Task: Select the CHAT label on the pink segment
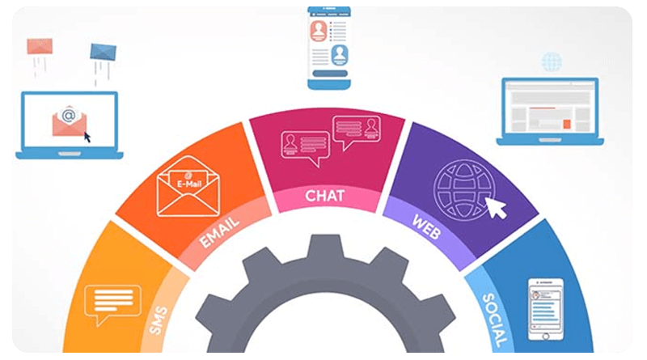coord(325,196)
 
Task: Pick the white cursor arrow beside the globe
coord(496,207)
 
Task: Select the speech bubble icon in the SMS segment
coord(107,303)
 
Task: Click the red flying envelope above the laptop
coord(40,45)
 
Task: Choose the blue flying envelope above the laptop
coord(104,52)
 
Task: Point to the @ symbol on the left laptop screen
coord(69,116)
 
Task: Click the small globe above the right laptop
coord(552,61)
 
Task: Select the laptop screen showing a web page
coord(549,110)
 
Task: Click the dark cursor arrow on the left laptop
coord(88,134)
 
